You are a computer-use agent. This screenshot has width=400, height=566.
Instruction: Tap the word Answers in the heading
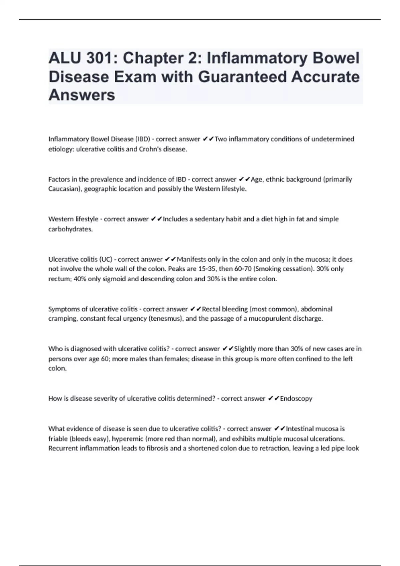pyautogui.click(x=82, y=95)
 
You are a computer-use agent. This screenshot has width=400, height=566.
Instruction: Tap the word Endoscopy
pyautogui.click(x=296, y=399)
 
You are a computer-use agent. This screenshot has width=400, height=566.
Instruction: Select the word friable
pyautogui.click(x=58, y=439)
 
